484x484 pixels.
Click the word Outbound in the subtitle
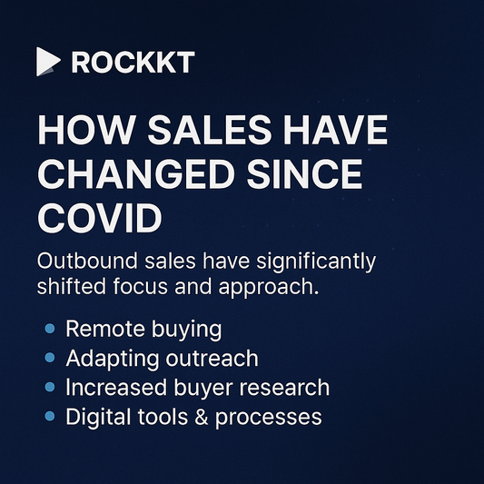click(85, 262)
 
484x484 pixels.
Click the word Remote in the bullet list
click(101, 329)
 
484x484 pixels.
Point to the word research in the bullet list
click(287, 388)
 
